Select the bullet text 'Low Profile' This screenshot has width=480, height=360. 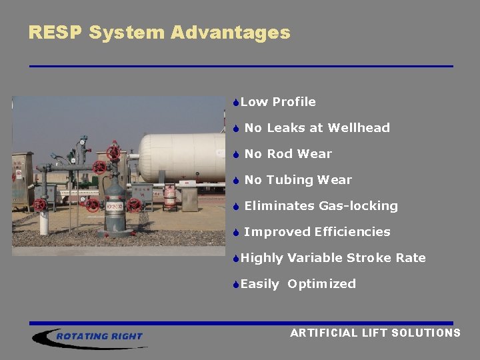point(278,102)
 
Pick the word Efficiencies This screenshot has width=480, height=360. point(352,232)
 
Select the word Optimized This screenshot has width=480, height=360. point(321,284)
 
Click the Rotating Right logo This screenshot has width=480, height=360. point(90,337)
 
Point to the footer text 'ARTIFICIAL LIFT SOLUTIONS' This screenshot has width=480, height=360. point(375,333)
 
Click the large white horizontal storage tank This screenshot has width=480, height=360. point(182,157)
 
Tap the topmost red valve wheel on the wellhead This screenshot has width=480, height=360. point(113,151)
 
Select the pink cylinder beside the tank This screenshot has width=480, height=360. point(171,196)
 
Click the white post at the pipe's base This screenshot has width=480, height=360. point(43,223)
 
